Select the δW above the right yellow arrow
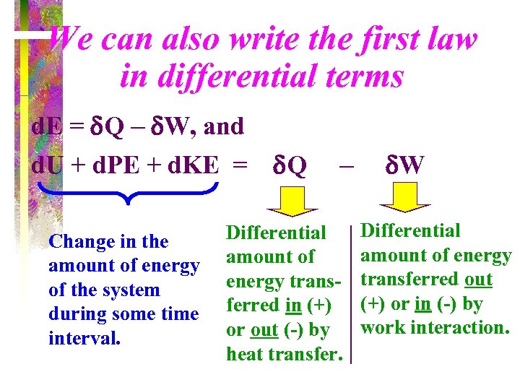click(404, 166)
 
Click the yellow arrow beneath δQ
click(288, 203)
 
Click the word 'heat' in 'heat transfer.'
click(246, 354)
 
